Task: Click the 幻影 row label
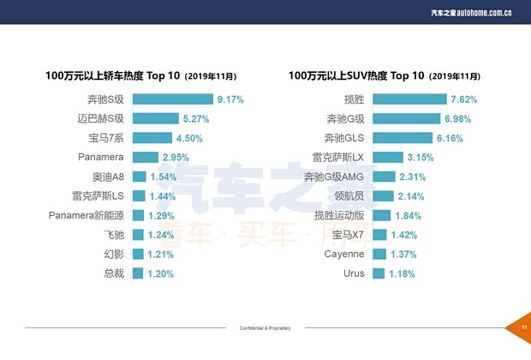[x=113, y=255]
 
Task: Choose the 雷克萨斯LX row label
[x=339, y=157]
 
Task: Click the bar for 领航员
[x=384, y=196]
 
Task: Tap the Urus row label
[x=353, y=273]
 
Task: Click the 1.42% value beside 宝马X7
[x=403, y=235]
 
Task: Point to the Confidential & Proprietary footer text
[x=265, y=328]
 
